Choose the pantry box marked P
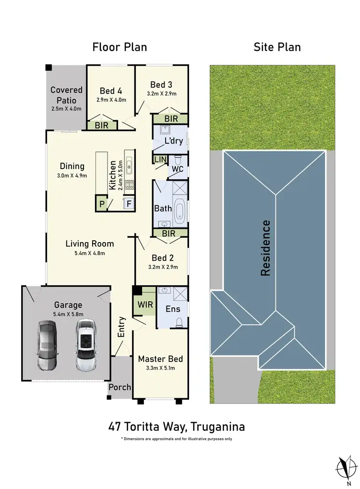(101, 203)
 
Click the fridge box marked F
(129, 203)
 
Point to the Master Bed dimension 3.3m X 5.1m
(161, 368)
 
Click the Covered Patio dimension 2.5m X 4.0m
(66, 109)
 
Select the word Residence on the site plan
(266, 248)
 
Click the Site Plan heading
(277, 47)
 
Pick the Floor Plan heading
(120, 47)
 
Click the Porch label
(120, 387)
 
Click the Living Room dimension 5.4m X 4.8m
(85, 253)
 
